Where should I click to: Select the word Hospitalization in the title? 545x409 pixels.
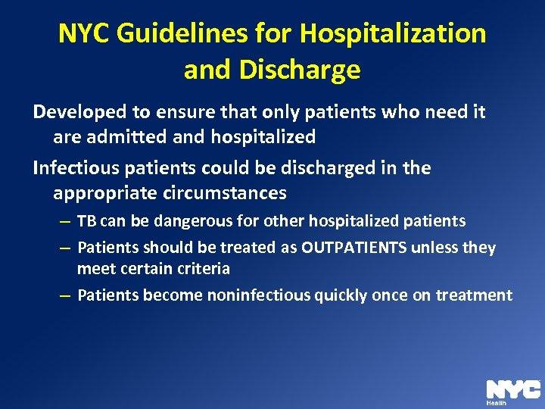[393, 33]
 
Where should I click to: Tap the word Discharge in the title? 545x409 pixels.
[298, 70]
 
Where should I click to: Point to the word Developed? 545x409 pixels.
[79, 112]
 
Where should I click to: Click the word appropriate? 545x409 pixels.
[105, 193]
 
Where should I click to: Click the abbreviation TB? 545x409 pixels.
[87, 221]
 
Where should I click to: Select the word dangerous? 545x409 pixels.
[167, 221]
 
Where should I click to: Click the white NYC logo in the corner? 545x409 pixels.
[512, 389]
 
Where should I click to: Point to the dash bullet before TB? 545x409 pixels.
[66, 222]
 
